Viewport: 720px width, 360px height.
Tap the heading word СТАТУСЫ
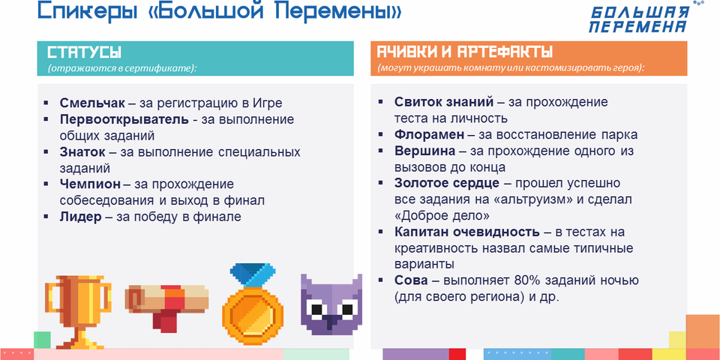pos(85,52)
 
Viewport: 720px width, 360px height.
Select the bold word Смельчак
pos(92,103)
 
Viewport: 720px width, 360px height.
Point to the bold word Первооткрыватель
pos(124,119)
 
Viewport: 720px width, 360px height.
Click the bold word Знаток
pos(82,152)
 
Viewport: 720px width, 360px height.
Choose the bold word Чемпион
pos(90,184)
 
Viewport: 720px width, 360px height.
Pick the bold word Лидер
pos(80,217)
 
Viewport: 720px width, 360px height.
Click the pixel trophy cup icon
pos(78,310)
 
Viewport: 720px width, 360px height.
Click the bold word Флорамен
pos(429,135)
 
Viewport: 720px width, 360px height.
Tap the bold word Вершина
pos(424,151)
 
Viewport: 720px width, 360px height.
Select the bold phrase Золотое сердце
pos(447,183)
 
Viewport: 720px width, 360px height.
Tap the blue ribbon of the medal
pos(253,275)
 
